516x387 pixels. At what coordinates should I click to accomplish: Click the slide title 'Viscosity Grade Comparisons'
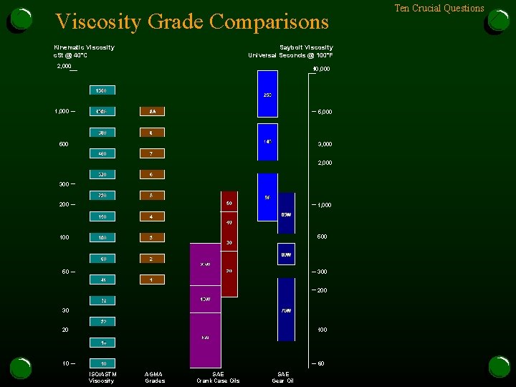[192, 22]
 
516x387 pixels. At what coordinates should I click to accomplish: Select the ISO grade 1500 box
[102, 90]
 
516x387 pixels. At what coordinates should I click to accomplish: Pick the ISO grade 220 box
[102, 195]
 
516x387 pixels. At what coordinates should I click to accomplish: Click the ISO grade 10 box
[102, 363]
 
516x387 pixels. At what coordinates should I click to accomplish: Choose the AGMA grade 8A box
[152, 111]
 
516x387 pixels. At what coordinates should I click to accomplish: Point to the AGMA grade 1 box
[152, 279]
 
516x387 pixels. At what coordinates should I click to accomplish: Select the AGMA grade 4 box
[152, 216]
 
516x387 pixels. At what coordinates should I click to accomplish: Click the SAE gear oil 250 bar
[267, 95]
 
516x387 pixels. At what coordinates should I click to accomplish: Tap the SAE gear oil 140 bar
[267, 142]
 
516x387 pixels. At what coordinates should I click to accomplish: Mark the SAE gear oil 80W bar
[286, 254]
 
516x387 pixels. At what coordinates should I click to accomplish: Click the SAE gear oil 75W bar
[286, 310]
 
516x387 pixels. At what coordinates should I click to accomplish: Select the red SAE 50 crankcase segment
[229, 204]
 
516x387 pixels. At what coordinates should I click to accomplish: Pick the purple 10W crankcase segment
[205, 299]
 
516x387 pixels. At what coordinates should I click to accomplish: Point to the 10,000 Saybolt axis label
[320, 70]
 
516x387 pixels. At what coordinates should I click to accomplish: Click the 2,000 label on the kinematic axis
[64, 67]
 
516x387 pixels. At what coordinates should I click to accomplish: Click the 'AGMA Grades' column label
[154, 377]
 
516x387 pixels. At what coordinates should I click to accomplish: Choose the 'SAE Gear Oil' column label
[284, 377]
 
